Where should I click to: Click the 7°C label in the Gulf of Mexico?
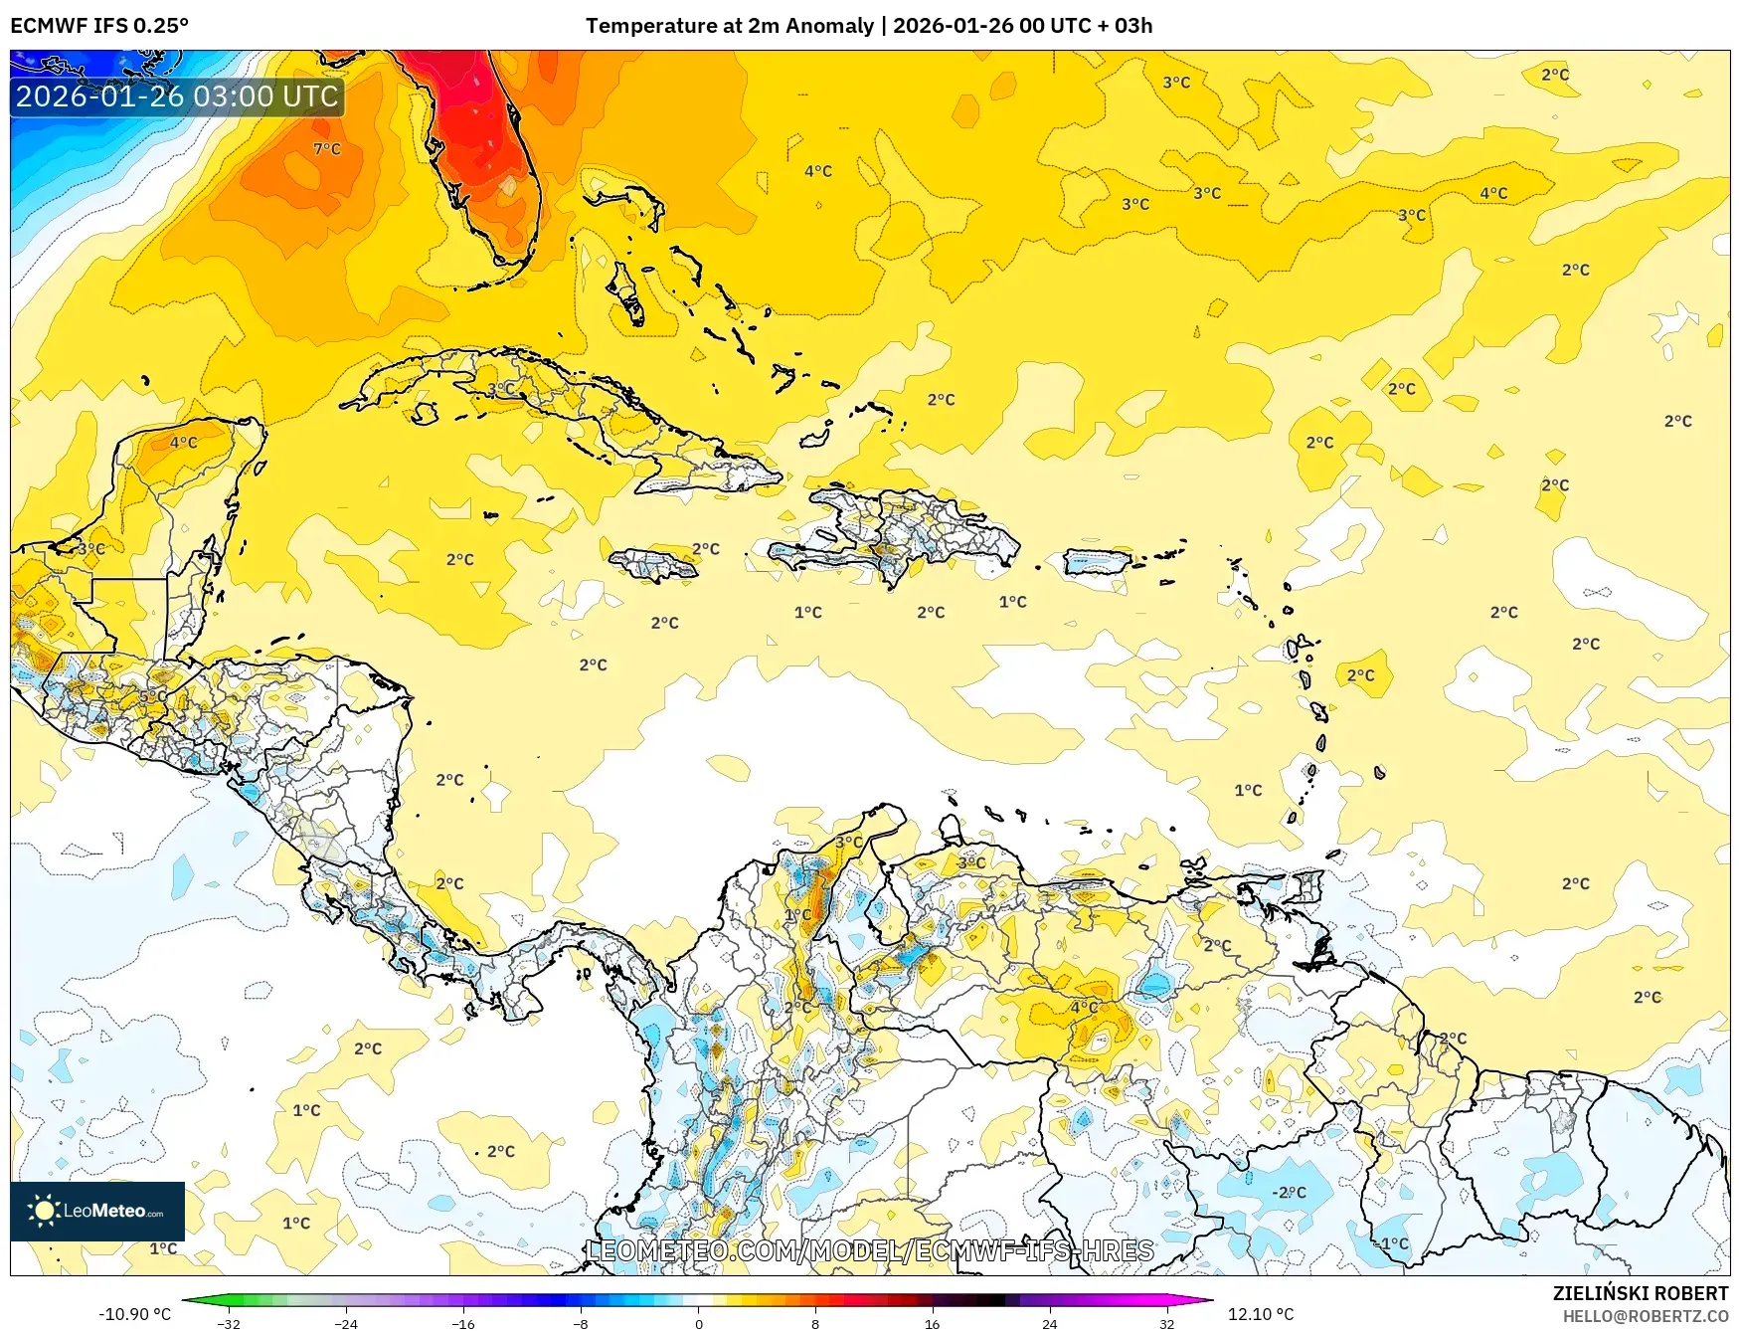(x=327, y=149)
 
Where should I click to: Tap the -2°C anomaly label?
(x=1289, y=1192)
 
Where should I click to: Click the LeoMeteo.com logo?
(x=97, y=1211)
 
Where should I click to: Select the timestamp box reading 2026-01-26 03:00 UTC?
(x=177, y=96)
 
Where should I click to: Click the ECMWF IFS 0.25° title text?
(x=99, y=26)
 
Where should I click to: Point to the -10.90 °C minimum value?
(x=135, y=1314)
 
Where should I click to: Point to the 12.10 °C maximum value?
(x=1260, y=1314)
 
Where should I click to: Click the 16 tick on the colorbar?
(x=932, y=1323)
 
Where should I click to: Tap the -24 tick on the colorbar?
(x=345, y=1323)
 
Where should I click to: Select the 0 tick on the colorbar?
(x=698, y=1323)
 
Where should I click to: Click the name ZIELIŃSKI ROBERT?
(x=1641, y=1293)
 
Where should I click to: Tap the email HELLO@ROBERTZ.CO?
(x=1645, y=1316)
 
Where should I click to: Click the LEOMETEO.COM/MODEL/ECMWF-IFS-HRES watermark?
(x=871, y=1250)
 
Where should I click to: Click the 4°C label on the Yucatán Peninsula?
(x=184, y=443)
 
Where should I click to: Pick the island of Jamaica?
(x=652, y=565)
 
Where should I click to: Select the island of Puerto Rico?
(x=1098, y=562)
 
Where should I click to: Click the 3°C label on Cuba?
(x=501, y=389)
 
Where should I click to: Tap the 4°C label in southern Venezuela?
(x=1084, y=1008)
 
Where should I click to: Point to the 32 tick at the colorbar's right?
(x=1166, y=1323)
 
